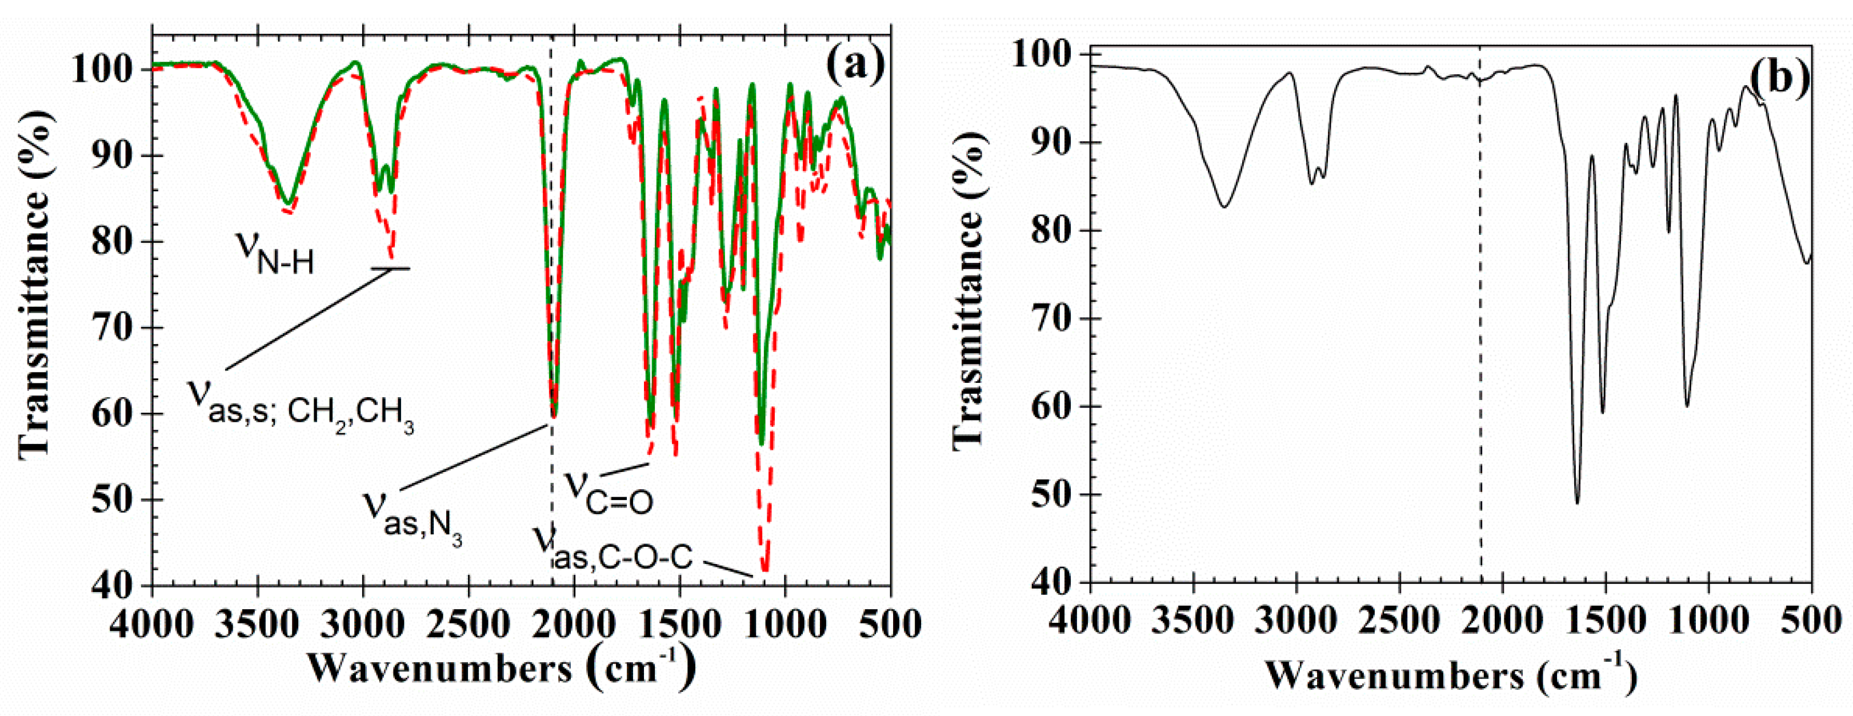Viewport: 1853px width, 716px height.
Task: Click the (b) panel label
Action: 1778,77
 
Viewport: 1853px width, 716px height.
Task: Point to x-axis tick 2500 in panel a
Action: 469,623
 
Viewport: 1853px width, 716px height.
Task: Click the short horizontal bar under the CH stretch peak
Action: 391,269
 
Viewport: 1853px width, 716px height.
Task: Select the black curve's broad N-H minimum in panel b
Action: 1224,206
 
